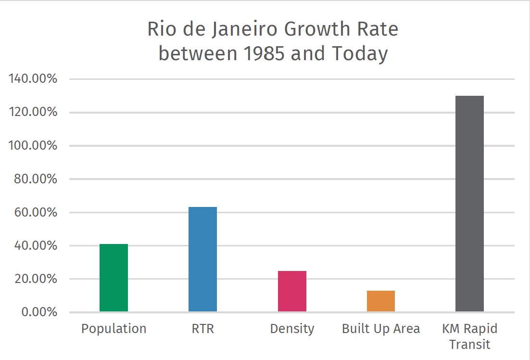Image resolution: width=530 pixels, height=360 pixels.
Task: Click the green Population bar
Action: pyautogui.click(x=114, y=278)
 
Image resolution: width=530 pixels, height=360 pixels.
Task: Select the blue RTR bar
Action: pyautogui.click(x=202, y=259)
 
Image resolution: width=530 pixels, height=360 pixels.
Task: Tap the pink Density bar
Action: pyautogui.click(x=292, y=291)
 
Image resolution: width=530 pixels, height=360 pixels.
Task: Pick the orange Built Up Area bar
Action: pyautogui.click(x=381, y=301)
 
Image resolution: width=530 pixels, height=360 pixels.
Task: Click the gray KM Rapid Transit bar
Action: pyautogui.click(x=469, y=204)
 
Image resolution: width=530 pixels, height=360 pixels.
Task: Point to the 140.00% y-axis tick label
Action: pyautogui.click(x=33, y=79)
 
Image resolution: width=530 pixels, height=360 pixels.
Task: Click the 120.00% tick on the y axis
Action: pyautogui.click(x=33, y=112)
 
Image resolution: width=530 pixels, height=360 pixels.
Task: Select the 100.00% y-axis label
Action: pyautogui.click(x=33, y=146)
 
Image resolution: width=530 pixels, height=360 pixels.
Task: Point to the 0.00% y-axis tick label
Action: pyautogui.click(x=39, y=312)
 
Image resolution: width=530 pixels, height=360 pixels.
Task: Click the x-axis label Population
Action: pyautogui.click(x=114, y=329)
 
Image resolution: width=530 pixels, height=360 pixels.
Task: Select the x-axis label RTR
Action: pyautogui.click(x=202, y=329)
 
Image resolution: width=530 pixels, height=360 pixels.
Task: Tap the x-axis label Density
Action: pyautogui.click(x=292, y=329)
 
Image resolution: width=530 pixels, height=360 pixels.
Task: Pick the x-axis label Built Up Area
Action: pyautogui.click(x=381, y=329)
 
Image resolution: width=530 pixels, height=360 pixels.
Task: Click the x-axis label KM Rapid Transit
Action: pyautogui.click(x=469, y=336)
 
